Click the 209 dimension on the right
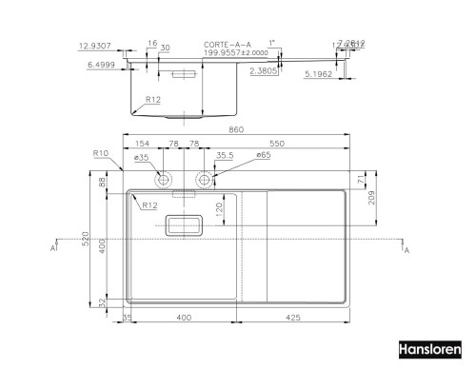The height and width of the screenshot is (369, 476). (372, 199)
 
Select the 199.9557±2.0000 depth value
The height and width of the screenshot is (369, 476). (229, 53)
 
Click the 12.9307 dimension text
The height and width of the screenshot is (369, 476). (98, 45)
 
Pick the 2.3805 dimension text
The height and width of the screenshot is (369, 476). (263, 69)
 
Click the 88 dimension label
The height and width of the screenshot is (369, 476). (101, 183)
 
